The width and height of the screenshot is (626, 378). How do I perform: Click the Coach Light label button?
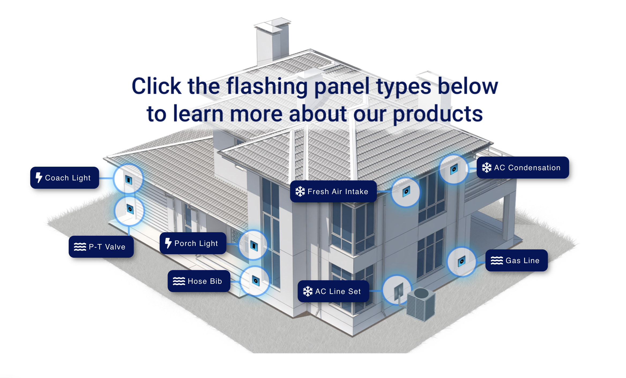[x=65, y=178]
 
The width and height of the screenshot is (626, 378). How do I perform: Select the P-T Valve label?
[x=101, y=247]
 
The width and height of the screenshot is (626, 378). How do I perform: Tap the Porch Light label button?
[x=193, y=243]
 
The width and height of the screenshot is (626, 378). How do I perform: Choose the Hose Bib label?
[x=199, y=281]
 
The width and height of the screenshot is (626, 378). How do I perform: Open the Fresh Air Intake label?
[x=333, y=191]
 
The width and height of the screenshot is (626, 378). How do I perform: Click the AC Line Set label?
[x=333, y=291]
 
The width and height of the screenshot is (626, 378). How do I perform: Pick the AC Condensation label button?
[x=523, y=168]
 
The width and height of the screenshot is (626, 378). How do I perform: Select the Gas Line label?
[x=516, y=260]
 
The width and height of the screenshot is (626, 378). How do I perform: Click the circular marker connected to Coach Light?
[x=128, y=179]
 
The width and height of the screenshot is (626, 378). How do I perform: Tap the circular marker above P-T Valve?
[x=129, y=210]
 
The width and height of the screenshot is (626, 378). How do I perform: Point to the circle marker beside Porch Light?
[x=253, y=245]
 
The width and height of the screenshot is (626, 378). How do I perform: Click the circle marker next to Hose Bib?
[x=255, y=281]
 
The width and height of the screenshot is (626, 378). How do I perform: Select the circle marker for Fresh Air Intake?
[x=406, y=192]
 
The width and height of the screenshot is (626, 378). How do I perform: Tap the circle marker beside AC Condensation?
[x=454, y=169]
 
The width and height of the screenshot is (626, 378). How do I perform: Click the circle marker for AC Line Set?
[x=397, y=290]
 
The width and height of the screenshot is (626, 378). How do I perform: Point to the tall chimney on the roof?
[x=272, y=40]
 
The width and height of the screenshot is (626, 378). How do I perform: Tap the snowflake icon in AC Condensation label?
[x=486, y=168]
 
